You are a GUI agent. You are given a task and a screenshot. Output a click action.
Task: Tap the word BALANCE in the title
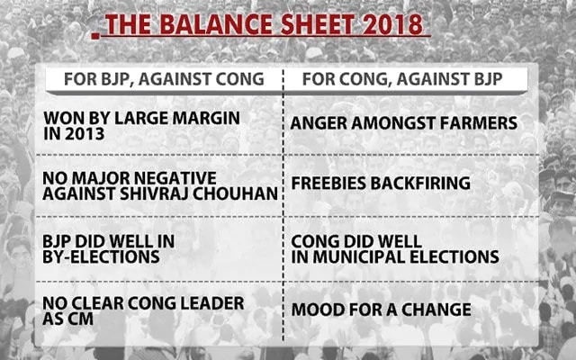[x=216, y=24]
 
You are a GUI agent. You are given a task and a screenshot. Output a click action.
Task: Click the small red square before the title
[x=95, y=36]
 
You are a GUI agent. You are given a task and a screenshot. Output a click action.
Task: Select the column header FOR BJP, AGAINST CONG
[x=164, y=79]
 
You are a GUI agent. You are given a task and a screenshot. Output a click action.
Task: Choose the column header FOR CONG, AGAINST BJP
[x=402, y=79]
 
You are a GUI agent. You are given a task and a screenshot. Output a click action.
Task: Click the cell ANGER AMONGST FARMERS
[x=404, y=123]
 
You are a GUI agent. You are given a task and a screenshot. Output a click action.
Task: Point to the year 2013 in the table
[x=85, y=134]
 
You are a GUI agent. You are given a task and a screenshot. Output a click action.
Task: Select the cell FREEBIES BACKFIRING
[x=381, y=184]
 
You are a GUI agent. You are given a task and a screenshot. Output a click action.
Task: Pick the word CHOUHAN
[x=235, y=194]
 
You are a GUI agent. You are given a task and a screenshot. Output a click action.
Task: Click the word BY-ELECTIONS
[x=101, y=257]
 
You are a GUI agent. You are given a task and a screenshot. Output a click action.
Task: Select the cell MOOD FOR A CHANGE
[x=381, y=310]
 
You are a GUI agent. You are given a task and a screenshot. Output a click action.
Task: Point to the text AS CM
[x=68, y=319]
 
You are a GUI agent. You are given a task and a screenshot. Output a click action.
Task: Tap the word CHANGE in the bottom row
[x=436, y=310]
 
